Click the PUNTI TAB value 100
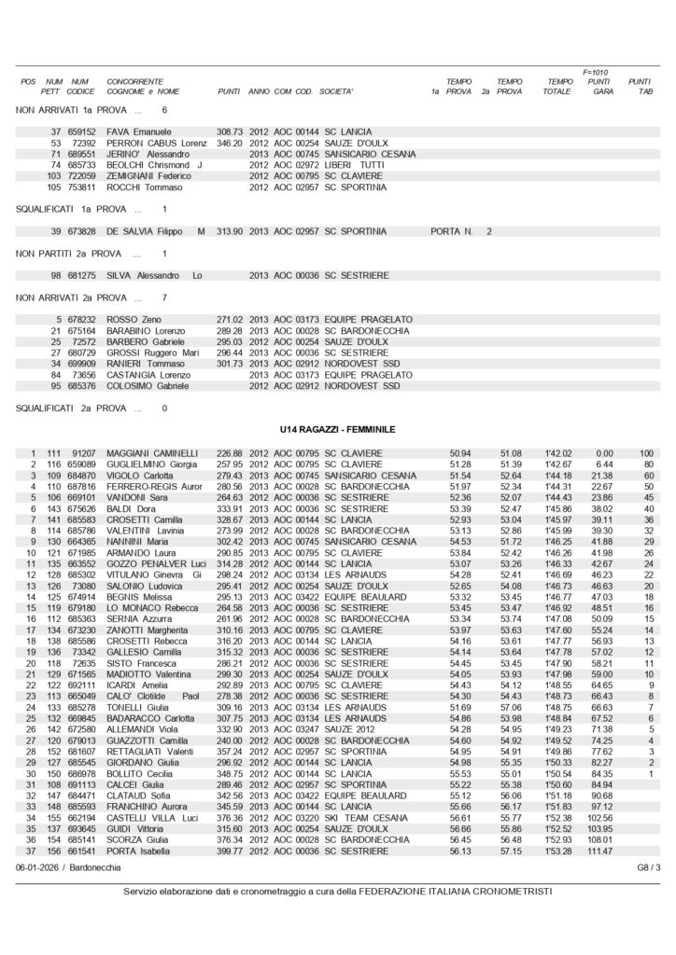click(645, 452)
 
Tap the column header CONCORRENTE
click(135, 82)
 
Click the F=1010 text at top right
click(596, 72)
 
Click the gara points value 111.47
click(599, 851)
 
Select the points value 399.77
click(230, 851)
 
